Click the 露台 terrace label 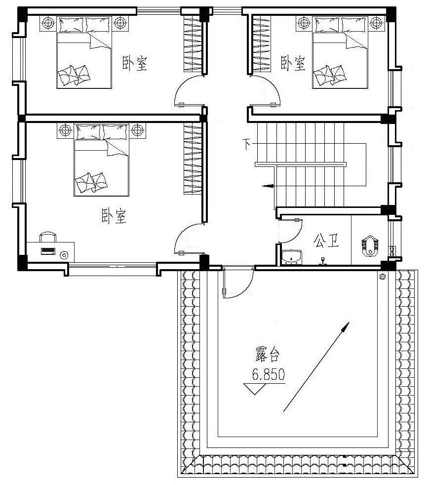click(268, 354)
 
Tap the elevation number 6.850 click(268, 374)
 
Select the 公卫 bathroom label click(326, 241)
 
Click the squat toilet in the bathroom click(370, 245)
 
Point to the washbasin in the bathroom click(291, 257)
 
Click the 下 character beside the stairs click(246, 144)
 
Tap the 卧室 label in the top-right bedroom click(293, 63)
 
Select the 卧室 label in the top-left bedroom click(134, 63)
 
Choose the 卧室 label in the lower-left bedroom click(114, 216)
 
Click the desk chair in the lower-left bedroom click(48, 237)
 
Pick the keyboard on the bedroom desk click(48, 251)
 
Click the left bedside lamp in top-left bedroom click(48, 22)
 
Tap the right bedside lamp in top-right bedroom click(376, 22)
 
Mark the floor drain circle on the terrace click(383, 276)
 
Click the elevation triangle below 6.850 click(255, 389)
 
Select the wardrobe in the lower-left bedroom click(193, 158)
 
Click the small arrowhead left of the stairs click(268, 186)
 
